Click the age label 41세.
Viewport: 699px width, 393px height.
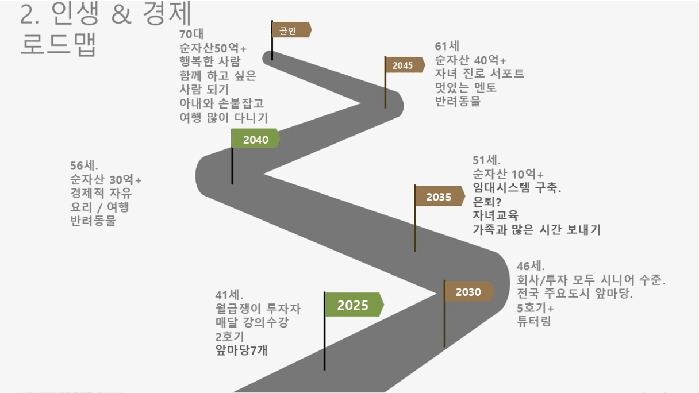click(x=229, y=295)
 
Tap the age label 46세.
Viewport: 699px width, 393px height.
click(x=531, y=266)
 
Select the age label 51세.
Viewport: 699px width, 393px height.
click(x=486, y=160)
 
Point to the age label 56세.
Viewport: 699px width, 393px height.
click(x=84, y=165)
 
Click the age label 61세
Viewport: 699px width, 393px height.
click(x=447, y=46)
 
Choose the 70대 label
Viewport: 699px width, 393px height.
click(x=191, y=34)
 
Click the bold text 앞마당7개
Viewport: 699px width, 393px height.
click(x=241, y=350)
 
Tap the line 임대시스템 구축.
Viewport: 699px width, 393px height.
click(x=517, y=187)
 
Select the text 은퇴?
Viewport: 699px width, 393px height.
click(x=487, y=202)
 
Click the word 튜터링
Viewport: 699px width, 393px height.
click(x=534, y=321)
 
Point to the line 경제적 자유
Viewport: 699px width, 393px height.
click(x=101, y=192)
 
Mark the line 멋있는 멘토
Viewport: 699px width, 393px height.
click(x=466, y=87)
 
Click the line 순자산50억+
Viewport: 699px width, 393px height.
click(x=213, y=48)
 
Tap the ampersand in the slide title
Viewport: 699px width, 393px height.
click(x=121, y=14)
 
